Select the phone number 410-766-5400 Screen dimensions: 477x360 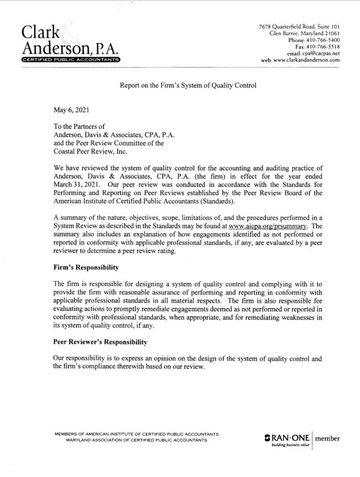(323, 40)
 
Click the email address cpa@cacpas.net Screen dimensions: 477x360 (320, 53)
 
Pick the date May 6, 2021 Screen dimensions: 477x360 (70, 111)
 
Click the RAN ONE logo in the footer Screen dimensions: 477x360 (285, 440)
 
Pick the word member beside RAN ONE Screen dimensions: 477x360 (328, 439)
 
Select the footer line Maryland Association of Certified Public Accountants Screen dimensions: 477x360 (137, 440)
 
